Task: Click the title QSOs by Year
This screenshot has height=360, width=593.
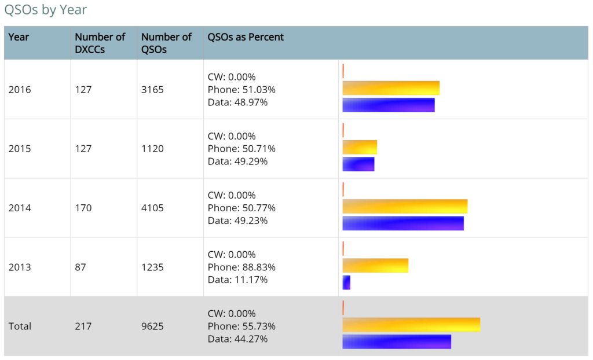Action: pyautogui.click(x=46, y=10)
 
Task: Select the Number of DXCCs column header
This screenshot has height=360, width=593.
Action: pyautogui.click(x=100, y=43)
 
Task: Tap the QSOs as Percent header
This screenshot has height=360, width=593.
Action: pyautogui.click(x=246, y=37)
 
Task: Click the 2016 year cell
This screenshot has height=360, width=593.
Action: pyautogui.click(x=20, y=90)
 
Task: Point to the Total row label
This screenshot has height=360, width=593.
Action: pyautogui.click(x=20, y=326)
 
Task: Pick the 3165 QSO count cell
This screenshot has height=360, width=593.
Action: pyautogui.click(x=152, y=90)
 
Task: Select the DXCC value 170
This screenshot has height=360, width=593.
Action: pyautogui.click(x=83, y=208)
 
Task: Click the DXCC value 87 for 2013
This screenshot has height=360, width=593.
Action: pyautogui.click(x=80, y=267)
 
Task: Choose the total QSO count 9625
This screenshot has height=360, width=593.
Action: pyautogui.click(x=152, y=326)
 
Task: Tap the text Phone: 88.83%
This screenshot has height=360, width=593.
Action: pyautogui.click(x=241, y=267)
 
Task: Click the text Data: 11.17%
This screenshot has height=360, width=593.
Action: pyautogui.click(x=237, y=280)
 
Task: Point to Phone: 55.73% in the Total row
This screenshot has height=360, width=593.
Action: pyautogui.click(x=241, y=326)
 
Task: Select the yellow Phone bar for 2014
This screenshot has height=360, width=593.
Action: pyautogui.click(x=405, y=206)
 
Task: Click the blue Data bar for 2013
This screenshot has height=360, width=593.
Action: pyautogui.click(x=346, y=282)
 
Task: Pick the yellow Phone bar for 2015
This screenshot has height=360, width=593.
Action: pyautogui.click(x=360, y=147)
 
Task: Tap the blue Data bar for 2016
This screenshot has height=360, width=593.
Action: pyautogui.click(x=388, y=105)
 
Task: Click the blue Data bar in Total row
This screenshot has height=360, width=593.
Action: pyautogui.click(x=397, y=341)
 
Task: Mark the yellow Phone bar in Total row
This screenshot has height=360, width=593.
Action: pyautogui.click(x=411, y=325)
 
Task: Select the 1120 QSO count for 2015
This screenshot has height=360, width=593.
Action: pyautogui.click(x=152, y=149)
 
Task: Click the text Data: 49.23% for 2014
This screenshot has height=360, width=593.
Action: pyautogui.click(x=237, y=221)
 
